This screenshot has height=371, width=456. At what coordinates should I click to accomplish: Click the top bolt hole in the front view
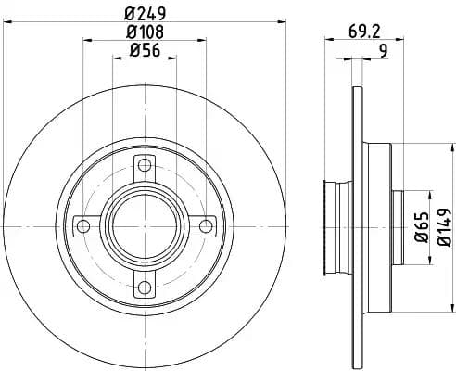coord(144,167)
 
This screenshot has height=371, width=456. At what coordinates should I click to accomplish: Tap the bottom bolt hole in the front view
coord(144,285)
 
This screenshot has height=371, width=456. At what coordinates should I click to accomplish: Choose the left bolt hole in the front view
coord(84,226)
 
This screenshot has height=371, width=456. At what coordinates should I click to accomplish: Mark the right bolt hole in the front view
coord(203,226)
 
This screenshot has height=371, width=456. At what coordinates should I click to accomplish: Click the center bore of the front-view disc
coord(144,226)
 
